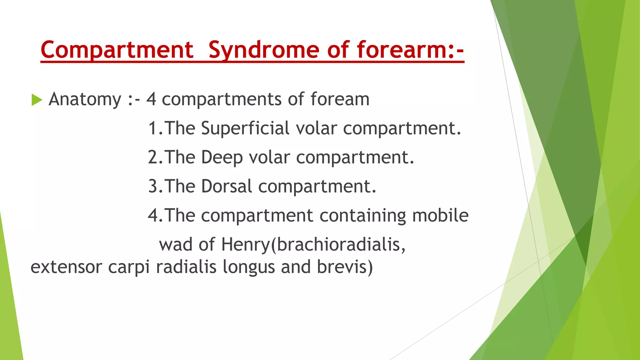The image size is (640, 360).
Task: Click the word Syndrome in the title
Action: tap(264, 50)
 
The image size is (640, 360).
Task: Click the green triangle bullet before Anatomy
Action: tap(37, 100)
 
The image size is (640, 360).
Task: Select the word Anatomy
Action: tap(85, 99)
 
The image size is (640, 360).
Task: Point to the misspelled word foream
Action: tap(340, 99)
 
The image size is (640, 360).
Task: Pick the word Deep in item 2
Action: tap(222, 157)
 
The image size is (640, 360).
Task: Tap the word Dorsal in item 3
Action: tap(227, 186)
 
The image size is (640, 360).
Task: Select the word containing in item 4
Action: tap(362, 215)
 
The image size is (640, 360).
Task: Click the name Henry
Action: tap(245, 244)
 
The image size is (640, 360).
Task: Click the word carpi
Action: tap(129, 267)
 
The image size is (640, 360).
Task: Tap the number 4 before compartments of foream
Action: tap(151, 99)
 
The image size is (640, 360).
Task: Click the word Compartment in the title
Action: tap(117, 50)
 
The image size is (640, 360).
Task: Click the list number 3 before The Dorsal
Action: tap(153, 186)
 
